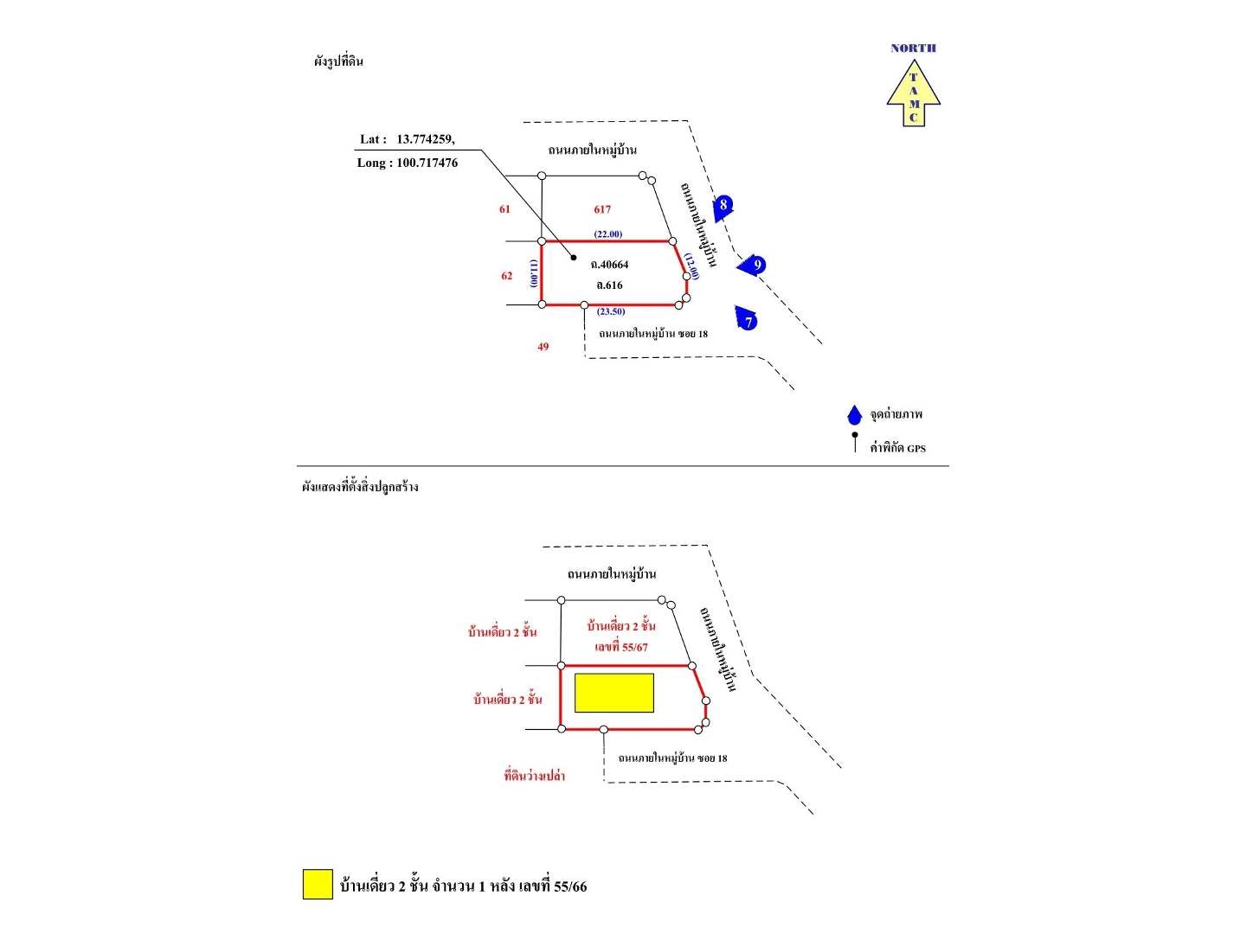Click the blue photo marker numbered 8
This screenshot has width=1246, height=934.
pyautogui.click(x=723, y=206)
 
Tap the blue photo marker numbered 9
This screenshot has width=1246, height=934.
pyautogui.click(x=754, y=265)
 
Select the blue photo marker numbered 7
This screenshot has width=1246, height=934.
pyautogui.click(x=747, y=319)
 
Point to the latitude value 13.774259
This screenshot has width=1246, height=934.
pyautogui.click(x=425, y=139)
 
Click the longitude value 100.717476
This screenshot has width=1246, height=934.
pyautogui.click(x=427, y=163)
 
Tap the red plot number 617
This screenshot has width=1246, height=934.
pyautogui.click(x=602, y=209)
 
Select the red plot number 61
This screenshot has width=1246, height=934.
pyautogui.click(x=504, y=209)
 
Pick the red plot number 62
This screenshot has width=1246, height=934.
pyautogui.click(x=507, y=276)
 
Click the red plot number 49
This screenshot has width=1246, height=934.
pyautogui.click(x=543, y=347)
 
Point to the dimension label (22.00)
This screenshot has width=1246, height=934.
pyautogui.click(x=607, y=234)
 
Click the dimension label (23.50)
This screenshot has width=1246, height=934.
pyautogui.click(x=611, y=311)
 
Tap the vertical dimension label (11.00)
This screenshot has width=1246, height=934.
pyautogui.click(x=534, y=273)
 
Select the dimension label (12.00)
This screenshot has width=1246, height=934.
pyautogui.click(x=691, y=266)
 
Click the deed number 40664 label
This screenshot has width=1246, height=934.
pyautogui.click(x=610, y=265)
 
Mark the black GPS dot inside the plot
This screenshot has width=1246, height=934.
pyautogui.click(x=574, y=257)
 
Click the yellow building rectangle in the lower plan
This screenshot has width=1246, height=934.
pyautogui.click(x=614, y=693)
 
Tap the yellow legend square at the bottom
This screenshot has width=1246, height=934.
pyautogui.click(x=318, y=884)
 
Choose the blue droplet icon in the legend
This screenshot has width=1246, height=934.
pyautogui.click(x=855, y=415)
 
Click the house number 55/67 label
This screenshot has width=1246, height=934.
pyautogui.click(x=621, y=647)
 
